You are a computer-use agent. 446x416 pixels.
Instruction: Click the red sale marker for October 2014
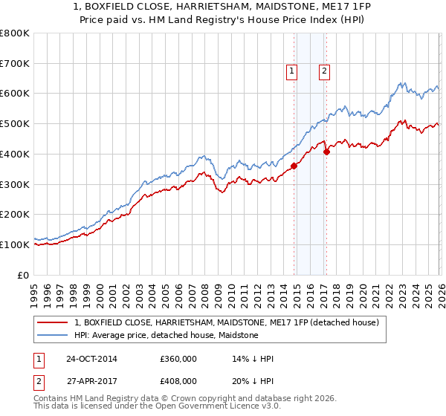click(294, 166)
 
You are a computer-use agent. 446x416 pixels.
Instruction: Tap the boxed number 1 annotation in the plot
click(291, 72)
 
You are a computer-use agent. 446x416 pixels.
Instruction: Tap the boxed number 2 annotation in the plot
click(325, 72)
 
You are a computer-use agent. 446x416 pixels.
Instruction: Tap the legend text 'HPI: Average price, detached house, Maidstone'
click(166, 335)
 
